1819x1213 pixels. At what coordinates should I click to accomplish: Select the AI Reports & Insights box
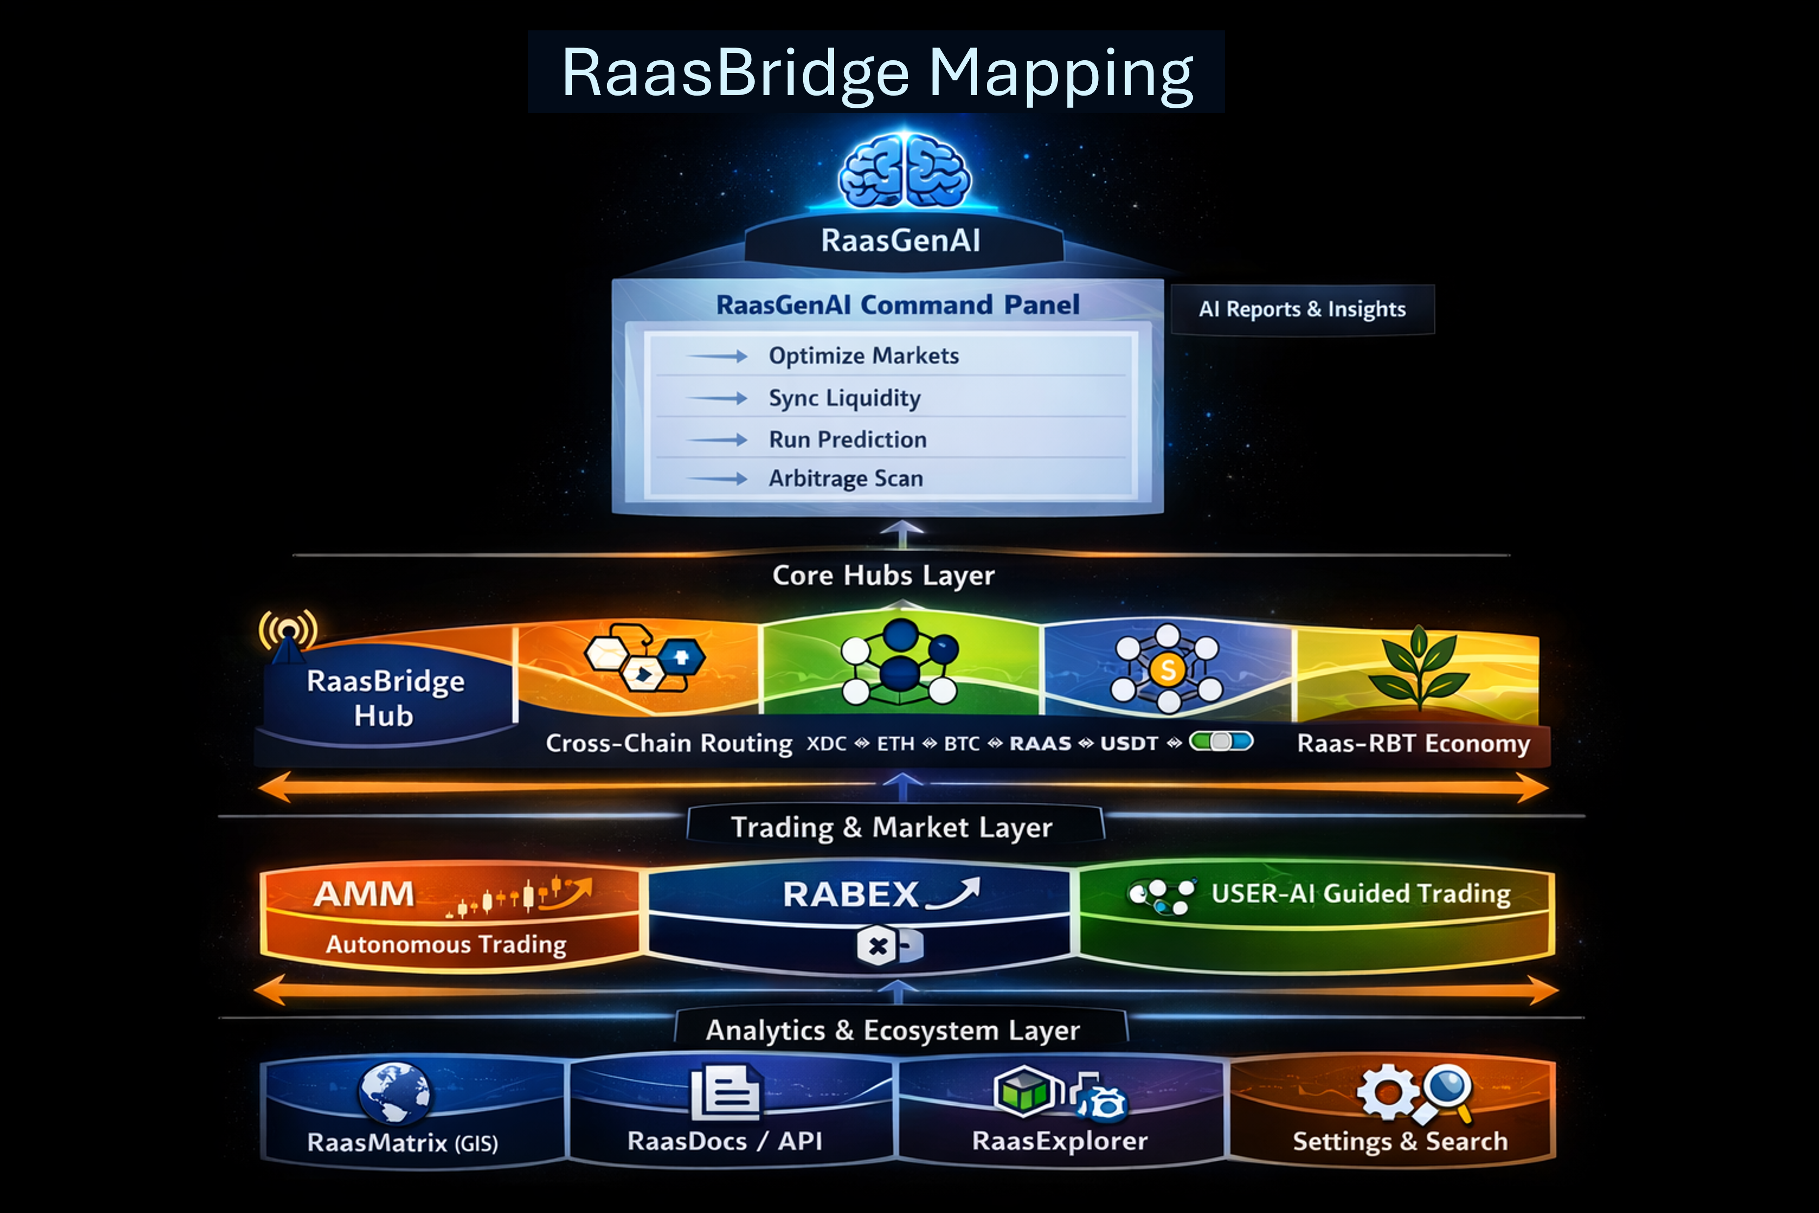[1303, 309]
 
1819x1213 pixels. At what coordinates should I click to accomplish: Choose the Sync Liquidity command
[844, 398]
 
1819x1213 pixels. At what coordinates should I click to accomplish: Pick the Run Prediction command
[848, 440]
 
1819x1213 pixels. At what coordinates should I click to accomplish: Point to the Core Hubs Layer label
[883, 575]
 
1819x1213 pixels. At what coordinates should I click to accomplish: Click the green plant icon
[1418, 667]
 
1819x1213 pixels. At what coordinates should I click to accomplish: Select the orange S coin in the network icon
[1168, 669]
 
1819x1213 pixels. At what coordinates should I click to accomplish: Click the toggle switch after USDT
[1221, 742]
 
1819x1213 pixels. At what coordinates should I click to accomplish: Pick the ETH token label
[896, 743]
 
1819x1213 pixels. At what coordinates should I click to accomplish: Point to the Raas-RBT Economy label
[1413, 743]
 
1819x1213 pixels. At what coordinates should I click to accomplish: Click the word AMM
[364, 894]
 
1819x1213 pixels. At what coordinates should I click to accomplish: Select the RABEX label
[851, 895]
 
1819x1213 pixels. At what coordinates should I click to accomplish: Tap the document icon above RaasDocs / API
[725, 1092]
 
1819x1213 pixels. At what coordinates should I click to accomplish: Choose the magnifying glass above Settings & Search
[1446, 1089]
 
